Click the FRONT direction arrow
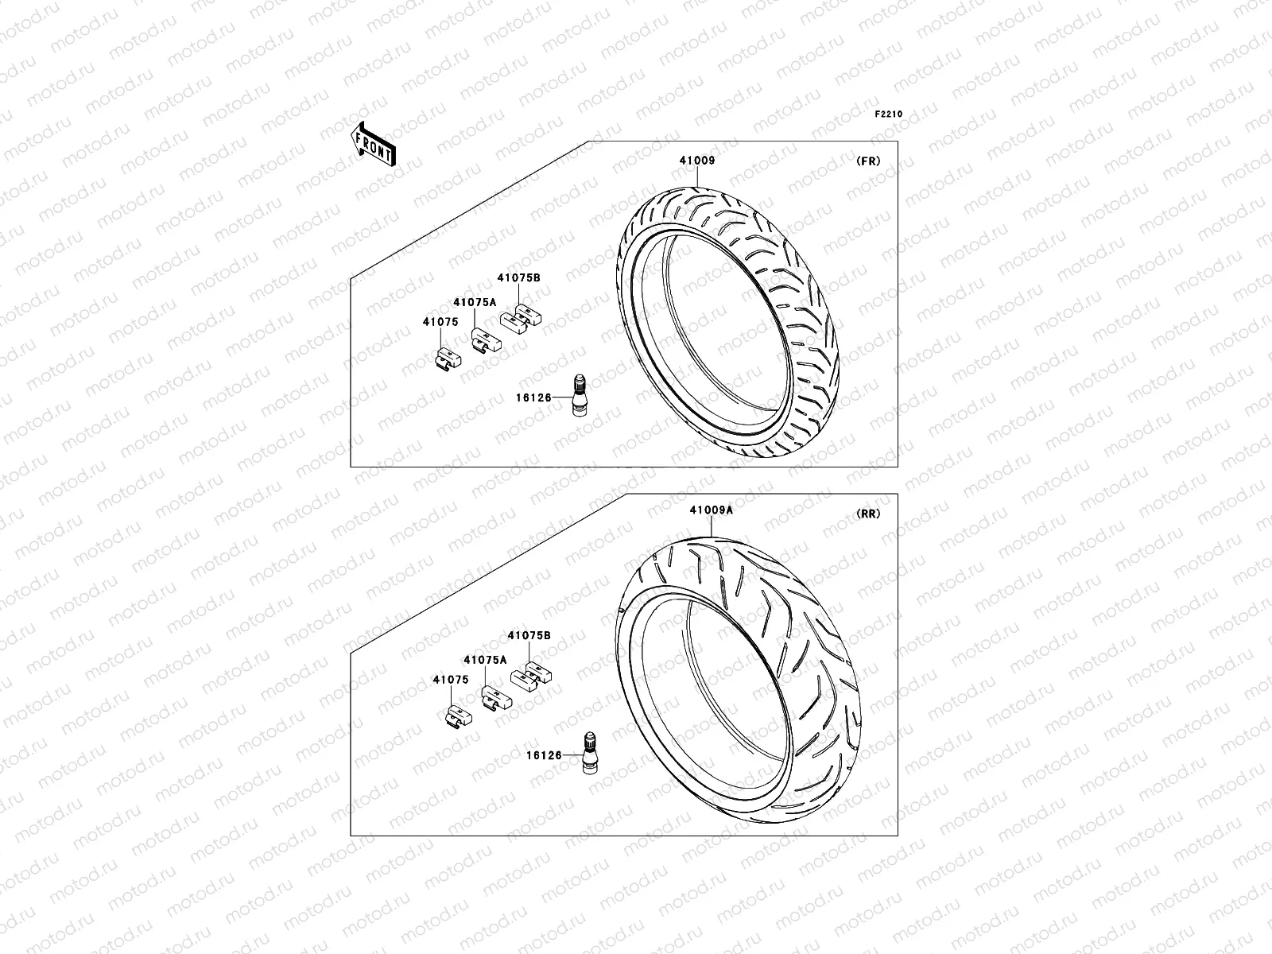(x=374, y=145)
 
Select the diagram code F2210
(x=889, y=114)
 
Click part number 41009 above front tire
(x=696, y=161)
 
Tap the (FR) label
(x=868, y=161)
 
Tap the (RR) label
(x=868, y=514)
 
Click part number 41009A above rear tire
(x=712, y=510)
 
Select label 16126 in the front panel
(x=533, y=397)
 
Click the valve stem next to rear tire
(x=590, y=754)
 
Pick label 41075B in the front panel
(x=518, y=278)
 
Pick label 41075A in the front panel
(x=475, y=302)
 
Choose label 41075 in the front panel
(x=440, y=322)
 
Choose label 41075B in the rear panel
(x=529, y=636)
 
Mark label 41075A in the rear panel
(x=485, y=660)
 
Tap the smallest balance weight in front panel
(x=447, y=359)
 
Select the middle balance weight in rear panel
(x=494, y=698)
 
